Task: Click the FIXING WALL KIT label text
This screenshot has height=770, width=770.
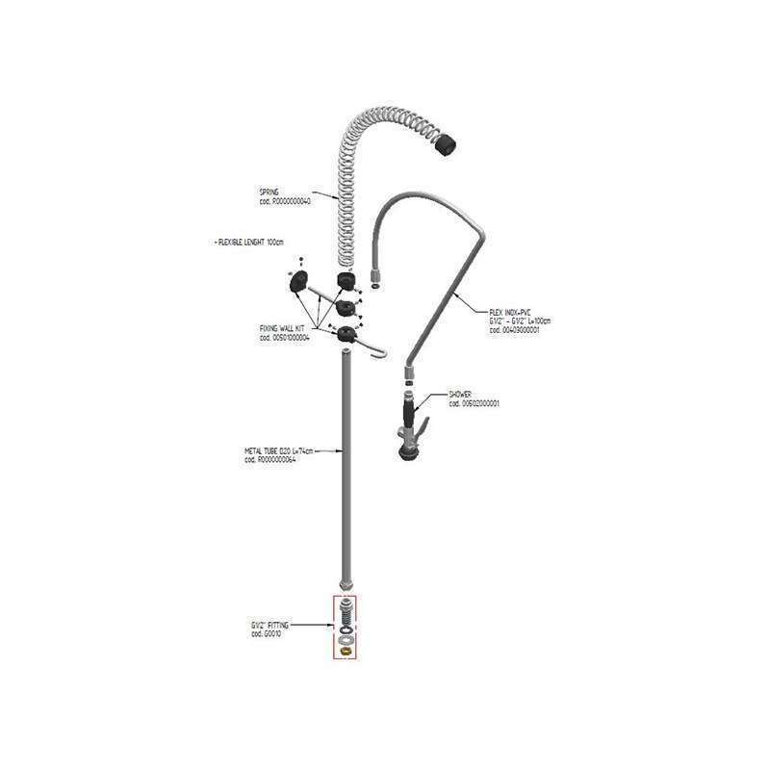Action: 278,329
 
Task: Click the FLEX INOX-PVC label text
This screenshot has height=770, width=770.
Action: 510,313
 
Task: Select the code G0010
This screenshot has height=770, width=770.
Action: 266,633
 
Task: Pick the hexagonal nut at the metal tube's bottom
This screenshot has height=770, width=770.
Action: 346,583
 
